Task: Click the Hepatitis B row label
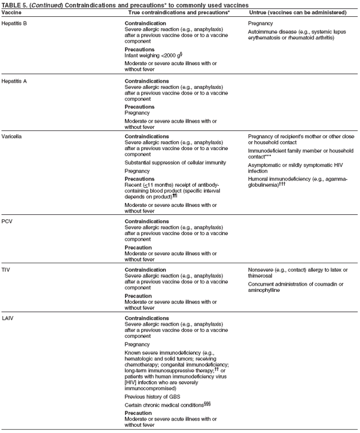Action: [x=14, y=23]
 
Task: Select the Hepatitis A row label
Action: [x=14, y=81]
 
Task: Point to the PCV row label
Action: [x=7, y=221]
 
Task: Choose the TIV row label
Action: [x=6, y=269]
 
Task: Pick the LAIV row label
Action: [x=7, y=318]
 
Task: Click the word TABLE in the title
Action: [x=11, y=4]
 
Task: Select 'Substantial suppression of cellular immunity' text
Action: [x=175, y=163]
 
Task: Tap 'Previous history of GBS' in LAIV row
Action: [x=153, y=396]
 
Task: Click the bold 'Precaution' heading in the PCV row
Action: [x=138, y=247]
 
